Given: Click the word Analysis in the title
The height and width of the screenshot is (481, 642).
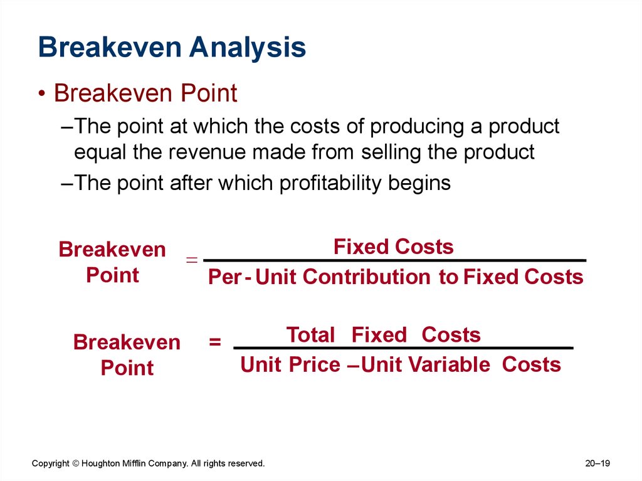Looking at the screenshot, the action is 247,48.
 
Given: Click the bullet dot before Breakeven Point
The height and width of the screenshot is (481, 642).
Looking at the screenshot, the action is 42,94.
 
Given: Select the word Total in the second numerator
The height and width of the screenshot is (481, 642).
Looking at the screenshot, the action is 310,335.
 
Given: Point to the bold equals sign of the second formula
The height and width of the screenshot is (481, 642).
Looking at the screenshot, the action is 215,342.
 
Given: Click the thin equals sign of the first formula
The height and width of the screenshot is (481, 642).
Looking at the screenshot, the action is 192,260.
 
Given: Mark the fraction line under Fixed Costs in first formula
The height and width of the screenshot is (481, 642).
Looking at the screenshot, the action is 395,260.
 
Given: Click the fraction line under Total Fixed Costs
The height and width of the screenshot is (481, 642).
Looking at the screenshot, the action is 403,348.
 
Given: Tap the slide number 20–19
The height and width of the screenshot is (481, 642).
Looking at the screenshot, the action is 597,463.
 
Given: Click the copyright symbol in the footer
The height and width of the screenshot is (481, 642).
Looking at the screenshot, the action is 76,463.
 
